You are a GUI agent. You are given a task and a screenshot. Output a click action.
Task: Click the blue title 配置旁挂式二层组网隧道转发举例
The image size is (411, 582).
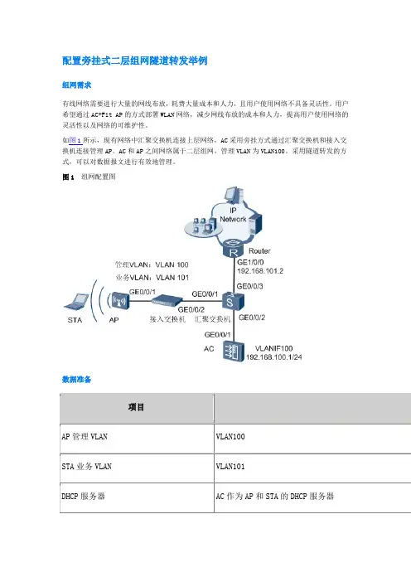[134, 61]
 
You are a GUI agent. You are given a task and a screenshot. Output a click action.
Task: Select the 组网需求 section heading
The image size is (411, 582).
[77, 85]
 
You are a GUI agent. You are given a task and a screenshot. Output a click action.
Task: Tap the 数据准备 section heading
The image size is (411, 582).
[77, 380]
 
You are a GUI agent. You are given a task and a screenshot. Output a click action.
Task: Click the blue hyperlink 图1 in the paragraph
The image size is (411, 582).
[75, 140]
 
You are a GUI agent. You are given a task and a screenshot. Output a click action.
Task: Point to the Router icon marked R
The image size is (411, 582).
[234, 249]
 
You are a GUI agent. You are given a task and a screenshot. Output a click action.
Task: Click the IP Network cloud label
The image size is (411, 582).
[233, 215]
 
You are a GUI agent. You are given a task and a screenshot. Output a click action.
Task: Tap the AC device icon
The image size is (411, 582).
[234, 352]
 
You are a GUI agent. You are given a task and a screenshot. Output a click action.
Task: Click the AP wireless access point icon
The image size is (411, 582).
[118, 301]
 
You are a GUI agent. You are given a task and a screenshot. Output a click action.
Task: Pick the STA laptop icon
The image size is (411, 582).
[77, 302]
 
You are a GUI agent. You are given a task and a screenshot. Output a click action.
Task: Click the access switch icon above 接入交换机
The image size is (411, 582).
[167, 300]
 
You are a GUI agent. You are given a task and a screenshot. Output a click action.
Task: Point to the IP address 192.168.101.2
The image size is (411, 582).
[260, 271]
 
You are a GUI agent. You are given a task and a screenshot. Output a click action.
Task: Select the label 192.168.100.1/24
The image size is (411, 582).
[274, 357]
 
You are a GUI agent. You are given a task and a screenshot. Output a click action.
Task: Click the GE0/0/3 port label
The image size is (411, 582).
[250, 286]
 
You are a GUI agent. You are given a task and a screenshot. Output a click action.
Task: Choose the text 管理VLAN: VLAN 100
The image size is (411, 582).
[152, 264]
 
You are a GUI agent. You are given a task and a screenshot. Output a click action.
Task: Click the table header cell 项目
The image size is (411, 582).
[136, 407]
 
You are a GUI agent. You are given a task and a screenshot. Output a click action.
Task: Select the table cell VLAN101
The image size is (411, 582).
[230, 467]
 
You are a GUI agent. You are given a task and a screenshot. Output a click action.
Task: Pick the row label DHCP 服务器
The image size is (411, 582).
[84, 497]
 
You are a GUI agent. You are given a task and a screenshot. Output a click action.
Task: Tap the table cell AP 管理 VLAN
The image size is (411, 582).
[85, 436]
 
